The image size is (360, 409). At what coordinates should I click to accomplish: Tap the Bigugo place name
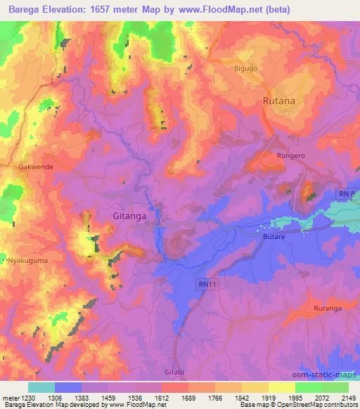pos(246,69)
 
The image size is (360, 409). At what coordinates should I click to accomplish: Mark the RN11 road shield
pos(204,283)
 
